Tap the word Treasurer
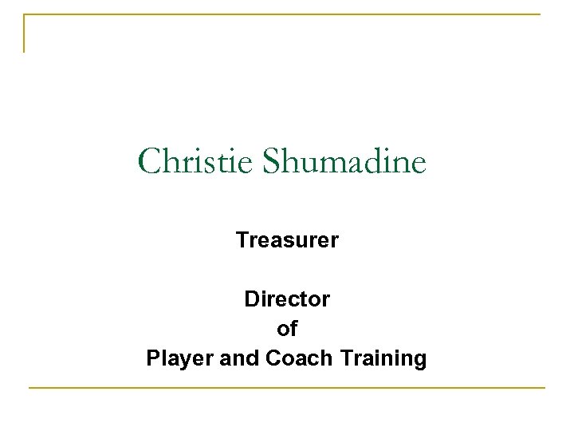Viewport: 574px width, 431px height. [287, 239]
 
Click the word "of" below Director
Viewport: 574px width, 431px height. [287, 329]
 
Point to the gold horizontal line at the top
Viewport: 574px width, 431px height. [287, 14]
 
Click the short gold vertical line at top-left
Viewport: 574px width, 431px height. [24, 34]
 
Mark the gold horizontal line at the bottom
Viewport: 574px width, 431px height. [287, 388]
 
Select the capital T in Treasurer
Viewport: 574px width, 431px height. [241, 239]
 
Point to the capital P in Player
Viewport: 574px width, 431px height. [153, 358]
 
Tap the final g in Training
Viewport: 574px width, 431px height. [419, 361]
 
